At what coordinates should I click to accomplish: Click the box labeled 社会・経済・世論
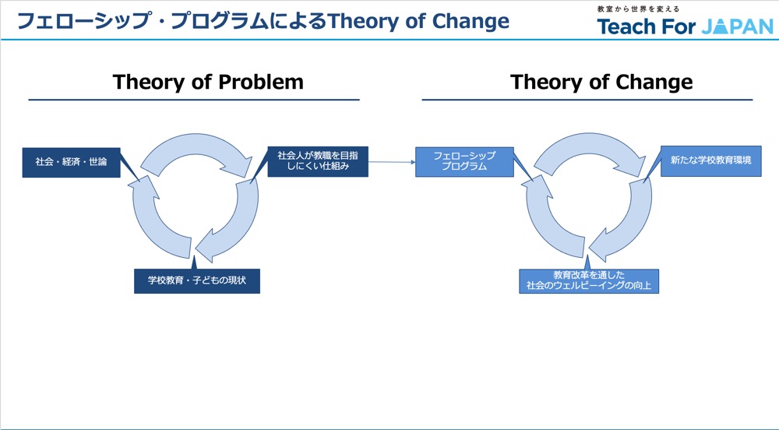pos(71,162)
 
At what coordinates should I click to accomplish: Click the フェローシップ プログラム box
pos(464,161)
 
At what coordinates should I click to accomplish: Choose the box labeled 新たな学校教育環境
pos(710,161)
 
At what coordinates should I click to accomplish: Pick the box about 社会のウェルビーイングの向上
pos(589,280)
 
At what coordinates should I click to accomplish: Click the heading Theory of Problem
pos(208,83)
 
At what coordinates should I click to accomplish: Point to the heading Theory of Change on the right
pos(601,83)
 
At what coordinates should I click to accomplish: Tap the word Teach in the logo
pos(627,26)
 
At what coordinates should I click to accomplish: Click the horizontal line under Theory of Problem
pos(194,100)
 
